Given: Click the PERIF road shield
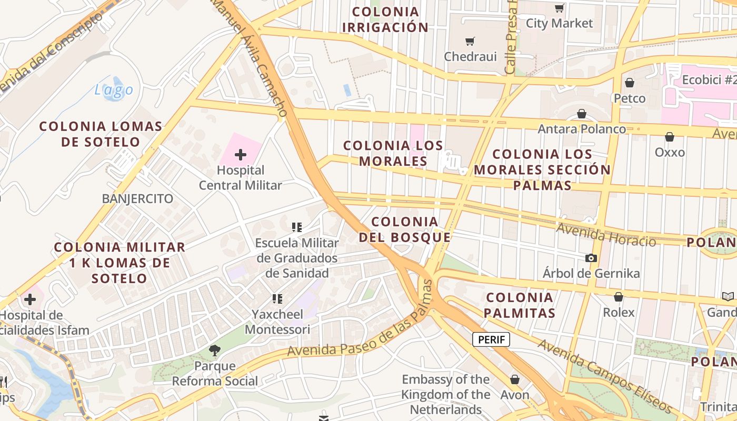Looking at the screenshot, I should pyautogui.click(x=491, y=339).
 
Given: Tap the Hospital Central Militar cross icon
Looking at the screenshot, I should pyautogui.click(x=241, y=155).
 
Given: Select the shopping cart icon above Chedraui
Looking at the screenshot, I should pyautogui.click(x=470, y=41).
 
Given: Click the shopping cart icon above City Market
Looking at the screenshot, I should pyautogui.click(x=559, y=8).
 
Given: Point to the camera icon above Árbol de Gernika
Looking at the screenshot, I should pyautogui.click(x=591, y=258).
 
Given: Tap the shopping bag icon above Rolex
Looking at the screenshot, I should pyautogui.click(x=619, y=297).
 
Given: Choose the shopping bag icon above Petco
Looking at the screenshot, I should pyautogui.click(x=629, y=83).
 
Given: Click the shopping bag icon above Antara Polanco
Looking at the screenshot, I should pyautogui.click(x=582, y=114).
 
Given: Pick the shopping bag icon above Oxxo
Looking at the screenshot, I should pyautogui.click(x=670, y=137).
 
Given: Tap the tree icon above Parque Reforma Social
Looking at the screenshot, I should pyautogui.click(x=214, y=350).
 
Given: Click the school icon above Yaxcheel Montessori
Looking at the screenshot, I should pyautogui.click(x=277, y=299).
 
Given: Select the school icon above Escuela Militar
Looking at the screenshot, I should pyautogui.click(x=297, y=227).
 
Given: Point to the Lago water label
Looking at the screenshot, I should pyautogui.click(x=114, y=90).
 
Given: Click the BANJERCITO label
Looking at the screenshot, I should pyautogui.click(x=137, y=198).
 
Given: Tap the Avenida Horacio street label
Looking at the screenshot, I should pyautogui.click(x=606, y=235).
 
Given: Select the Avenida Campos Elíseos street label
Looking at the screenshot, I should pyautogui.click(x=605, y=376).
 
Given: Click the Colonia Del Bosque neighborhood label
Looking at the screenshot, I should pyautogui.click(x=405, y=229).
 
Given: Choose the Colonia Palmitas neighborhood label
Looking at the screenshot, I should pyautogui.click(x=520, y=305).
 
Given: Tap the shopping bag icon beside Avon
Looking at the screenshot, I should pyautogui.click(x=515, y=379).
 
